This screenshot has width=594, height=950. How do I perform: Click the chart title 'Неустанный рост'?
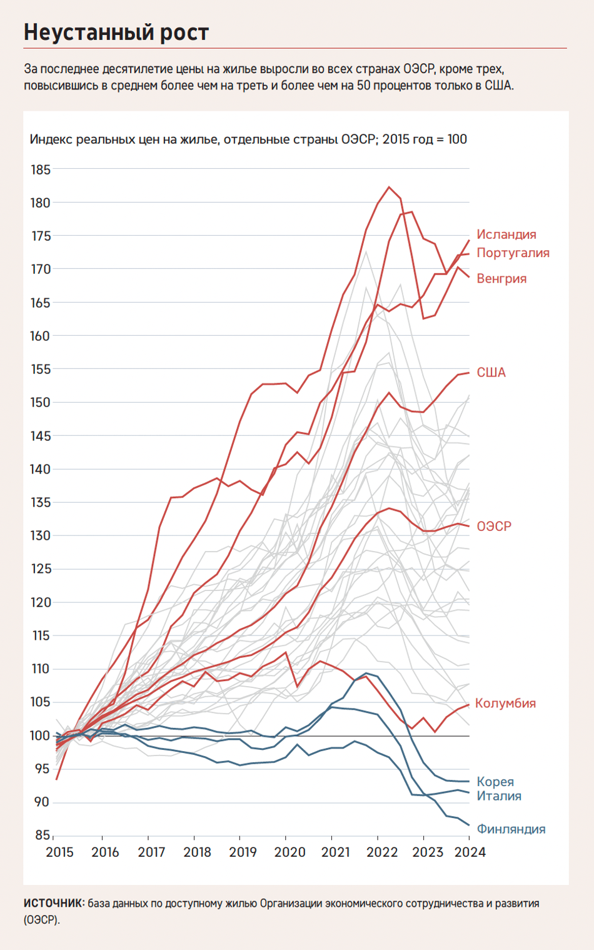[x=116, y=33]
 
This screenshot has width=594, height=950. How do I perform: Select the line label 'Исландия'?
[x=506, y=235]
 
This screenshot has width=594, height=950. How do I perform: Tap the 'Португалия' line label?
[x=513, y=253]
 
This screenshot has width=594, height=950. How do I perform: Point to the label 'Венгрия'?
[x=501, y=278]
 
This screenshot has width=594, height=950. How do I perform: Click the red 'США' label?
[x=491, y=373]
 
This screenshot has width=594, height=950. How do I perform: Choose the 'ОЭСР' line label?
[x=493, y=527]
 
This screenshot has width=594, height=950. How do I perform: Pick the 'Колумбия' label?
[x=505, y=703]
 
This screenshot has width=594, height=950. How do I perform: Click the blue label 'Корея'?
[x=495, y=782]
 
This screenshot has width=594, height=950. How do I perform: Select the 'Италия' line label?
[x=498, y=796]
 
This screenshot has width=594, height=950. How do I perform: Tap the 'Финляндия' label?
[x=511, y=829]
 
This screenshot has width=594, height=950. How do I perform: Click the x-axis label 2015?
[x=59, y=852]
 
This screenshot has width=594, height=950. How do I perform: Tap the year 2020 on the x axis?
[x=289, y=852]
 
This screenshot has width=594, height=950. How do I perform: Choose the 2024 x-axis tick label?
[x=469, y=852]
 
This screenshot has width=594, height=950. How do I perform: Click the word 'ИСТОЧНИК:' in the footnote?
[x=54, y=903]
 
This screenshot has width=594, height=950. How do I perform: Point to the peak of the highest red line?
[x=389, y=186]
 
